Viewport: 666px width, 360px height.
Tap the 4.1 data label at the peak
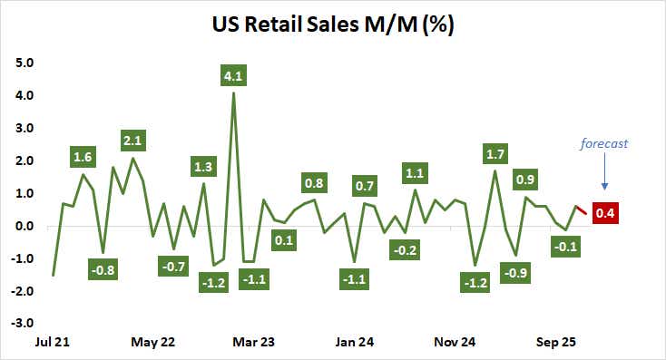pyautogui.click(x=234, y=76)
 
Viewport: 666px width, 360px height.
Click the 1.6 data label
pyautogui.click(x=83, y=157)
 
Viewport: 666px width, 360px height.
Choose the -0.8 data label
pyautogui.click(x=103, y=268)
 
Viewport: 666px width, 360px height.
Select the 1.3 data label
pyautogui.click(x=203, y=166)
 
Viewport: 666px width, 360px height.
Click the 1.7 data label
pyautogui.click(x=495, y=153)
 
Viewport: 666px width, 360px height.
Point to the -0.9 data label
pyautogui.click(x=515, y=271)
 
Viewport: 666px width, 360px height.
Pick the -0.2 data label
pyautogui.click(x=405, y=248)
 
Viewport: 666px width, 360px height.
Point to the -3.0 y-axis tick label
pyautogui.click(x=23, y=323)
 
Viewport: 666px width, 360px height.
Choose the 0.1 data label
pyautogui.click(x=284, y=240)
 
